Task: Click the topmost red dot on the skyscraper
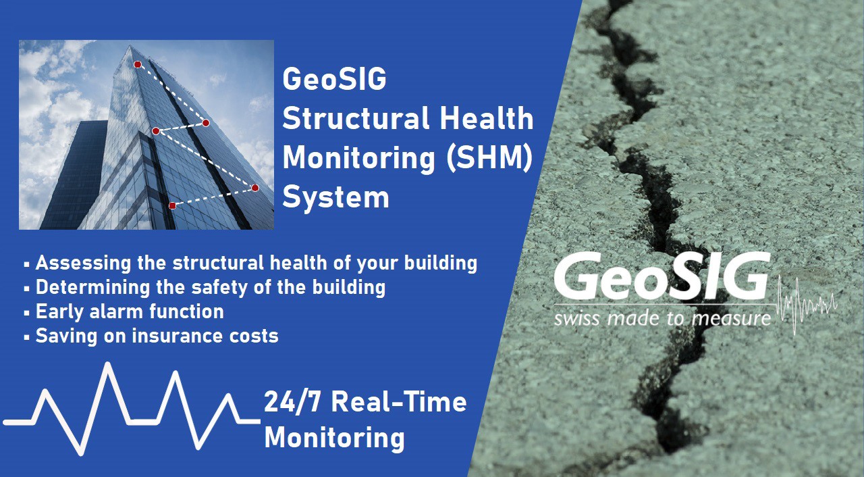138,64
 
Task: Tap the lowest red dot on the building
172,205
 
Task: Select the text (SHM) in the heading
489,158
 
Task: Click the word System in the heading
335,197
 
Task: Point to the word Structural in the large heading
356,118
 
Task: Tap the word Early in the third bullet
59,312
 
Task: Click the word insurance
178,336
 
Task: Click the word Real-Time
399,402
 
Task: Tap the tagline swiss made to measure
662,319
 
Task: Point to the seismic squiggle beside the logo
805,305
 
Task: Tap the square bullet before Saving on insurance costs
26,337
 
